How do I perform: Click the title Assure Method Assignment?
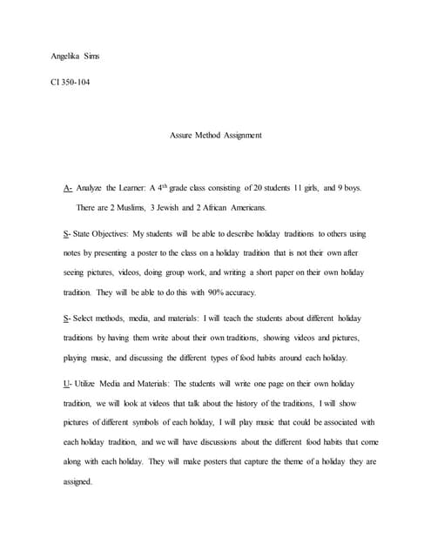[215, 135]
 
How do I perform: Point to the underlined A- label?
[69, 188]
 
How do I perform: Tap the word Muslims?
[138, 207]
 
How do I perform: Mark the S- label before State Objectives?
[68, 234]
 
